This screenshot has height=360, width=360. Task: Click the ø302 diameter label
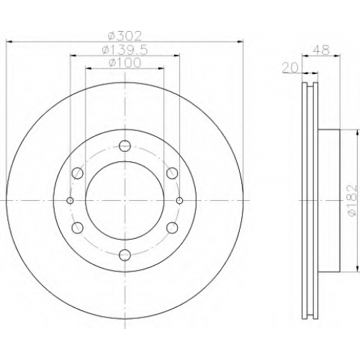125,36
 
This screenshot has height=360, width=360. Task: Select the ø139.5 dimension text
125,50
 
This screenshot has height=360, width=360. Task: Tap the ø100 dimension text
125,63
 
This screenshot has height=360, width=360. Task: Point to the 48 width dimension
322,50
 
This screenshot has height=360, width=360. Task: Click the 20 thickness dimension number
290,68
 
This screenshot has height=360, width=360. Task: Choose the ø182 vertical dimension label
352,200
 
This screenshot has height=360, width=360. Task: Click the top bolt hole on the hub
125,146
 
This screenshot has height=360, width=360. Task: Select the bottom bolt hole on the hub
125,255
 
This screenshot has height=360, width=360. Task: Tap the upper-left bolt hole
78,173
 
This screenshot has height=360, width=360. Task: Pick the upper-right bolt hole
172,173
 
